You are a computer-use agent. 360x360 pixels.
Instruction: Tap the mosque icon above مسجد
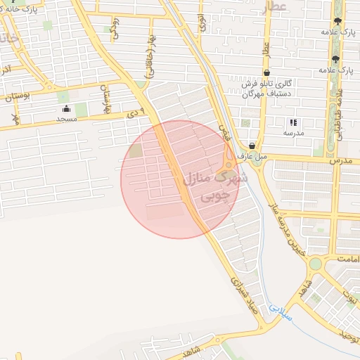coord(67,109)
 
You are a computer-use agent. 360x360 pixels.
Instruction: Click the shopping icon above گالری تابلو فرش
coord(267,72)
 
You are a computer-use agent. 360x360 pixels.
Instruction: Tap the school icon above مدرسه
coord(293,122)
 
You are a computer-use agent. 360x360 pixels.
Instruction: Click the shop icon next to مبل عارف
coord(252,146)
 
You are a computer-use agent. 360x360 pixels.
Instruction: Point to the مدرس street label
coord(341,160)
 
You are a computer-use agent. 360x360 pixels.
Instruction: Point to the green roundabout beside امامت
coord(314,264)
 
